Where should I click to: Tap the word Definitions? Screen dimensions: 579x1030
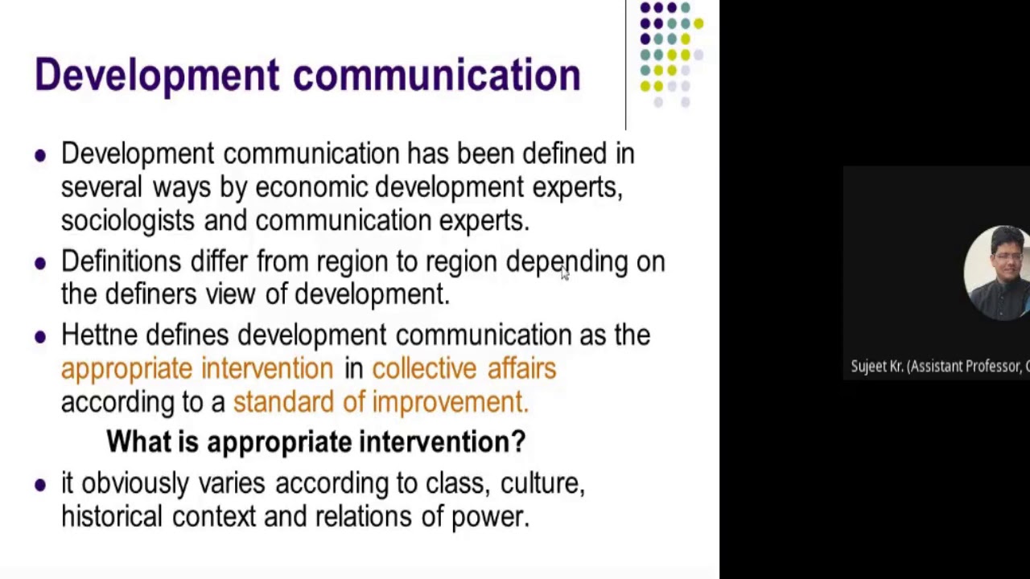[121, 261]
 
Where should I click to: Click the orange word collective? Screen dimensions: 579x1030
[424, 368]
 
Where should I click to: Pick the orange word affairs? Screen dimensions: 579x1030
[521, 368]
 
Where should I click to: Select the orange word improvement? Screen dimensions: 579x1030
[450, 402]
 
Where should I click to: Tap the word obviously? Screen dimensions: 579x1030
[136, 484]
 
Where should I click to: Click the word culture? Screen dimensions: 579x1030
[542, 484]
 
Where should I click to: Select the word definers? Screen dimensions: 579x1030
[150, 294]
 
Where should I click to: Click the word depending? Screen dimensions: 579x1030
[566, 262]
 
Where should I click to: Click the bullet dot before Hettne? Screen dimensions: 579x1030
[40, 337]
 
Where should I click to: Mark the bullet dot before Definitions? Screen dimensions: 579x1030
[40, 263]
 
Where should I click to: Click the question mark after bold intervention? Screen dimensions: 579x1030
[518, 441]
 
